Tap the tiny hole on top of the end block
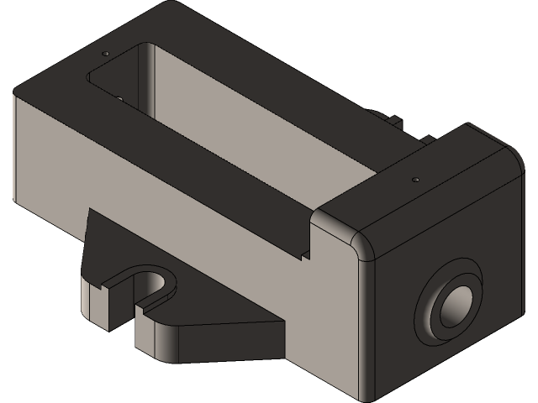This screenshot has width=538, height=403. pyautogui.click(x=414, y=180)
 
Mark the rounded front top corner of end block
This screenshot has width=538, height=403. pyautogui.click(x=363, y=247)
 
